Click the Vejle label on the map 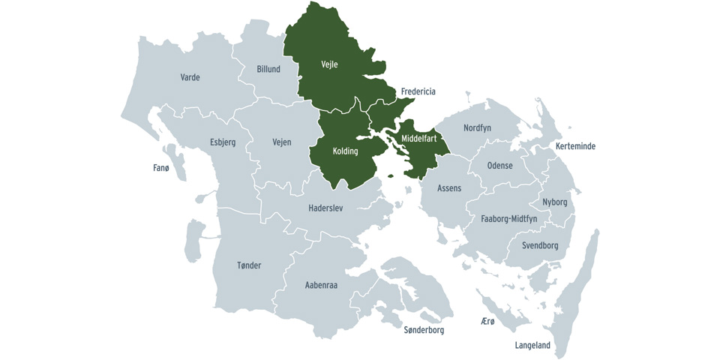[329, 64]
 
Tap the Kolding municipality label [345, 151]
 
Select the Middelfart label [418, 139]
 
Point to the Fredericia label [418, 91]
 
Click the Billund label [268, 69]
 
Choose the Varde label [190, 77]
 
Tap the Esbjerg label [223, 142]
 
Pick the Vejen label [282, 142]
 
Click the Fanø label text [161, 168]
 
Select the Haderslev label [325, 208]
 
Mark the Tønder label [249, 265]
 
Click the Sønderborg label [424, 330]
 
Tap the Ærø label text [487, 321]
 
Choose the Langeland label [532, 346]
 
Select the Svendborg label [540, 245]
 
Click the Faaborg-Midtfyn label [509, 219]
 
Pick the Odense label [500, 165]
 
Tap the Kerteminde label [575, 146]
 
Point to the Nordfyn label [477, 128]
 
